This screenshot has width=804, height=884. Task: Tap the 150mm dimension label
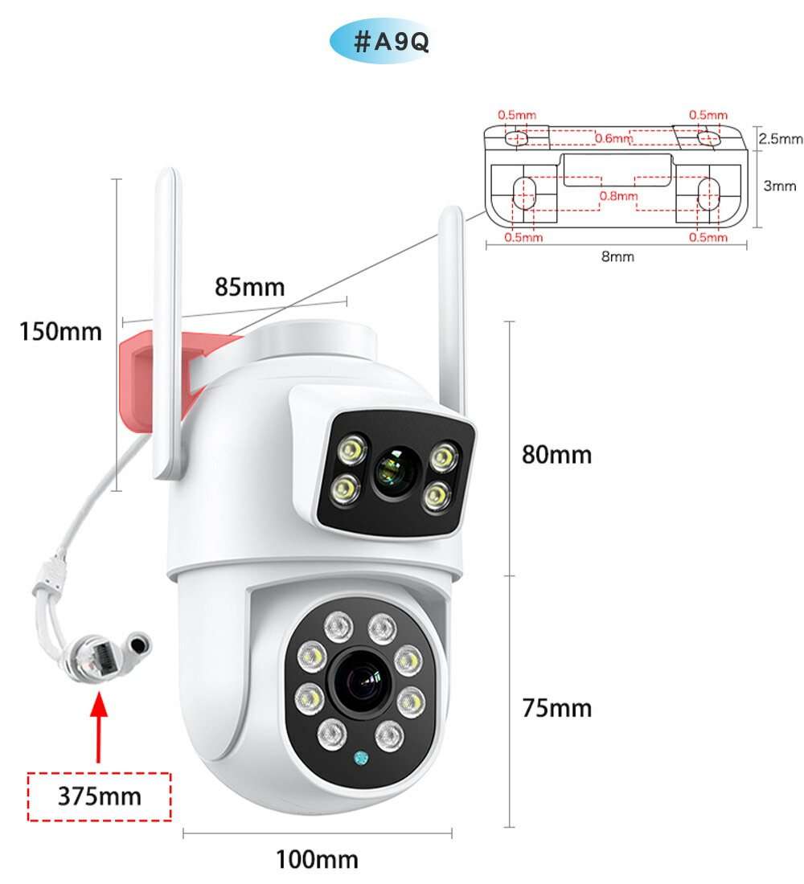click(x=62, y=330)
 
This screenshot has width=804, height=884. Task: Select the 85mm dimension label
click(x=249, y=287)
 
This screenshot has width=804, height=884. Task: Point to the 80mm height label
click(x=556, y=455)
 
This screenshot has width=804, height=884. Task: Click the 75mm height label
click(x=556, y=708)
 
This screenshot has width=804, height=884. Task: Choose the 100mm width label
click(x=317, y=859)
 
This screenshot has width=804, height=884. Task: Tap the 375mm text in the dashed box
click(x=99, y=796)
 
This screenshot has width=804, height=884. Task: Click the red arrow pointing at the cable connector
click(x=98, y=727)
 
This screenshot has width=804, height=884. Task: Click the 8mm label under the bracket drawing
click(x=617, y=257)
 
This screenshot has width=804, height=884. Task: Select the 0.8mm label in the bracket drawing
click(x=618, y=195)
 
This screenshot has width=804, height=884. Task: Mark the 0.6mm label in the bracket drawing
click(x=613, y=138)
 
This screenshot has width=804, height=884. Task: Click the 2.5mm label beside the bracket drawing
click(x=781, y=139)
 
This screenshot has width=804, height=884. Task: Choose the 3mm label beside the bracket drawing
click(x=779, y=186)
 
